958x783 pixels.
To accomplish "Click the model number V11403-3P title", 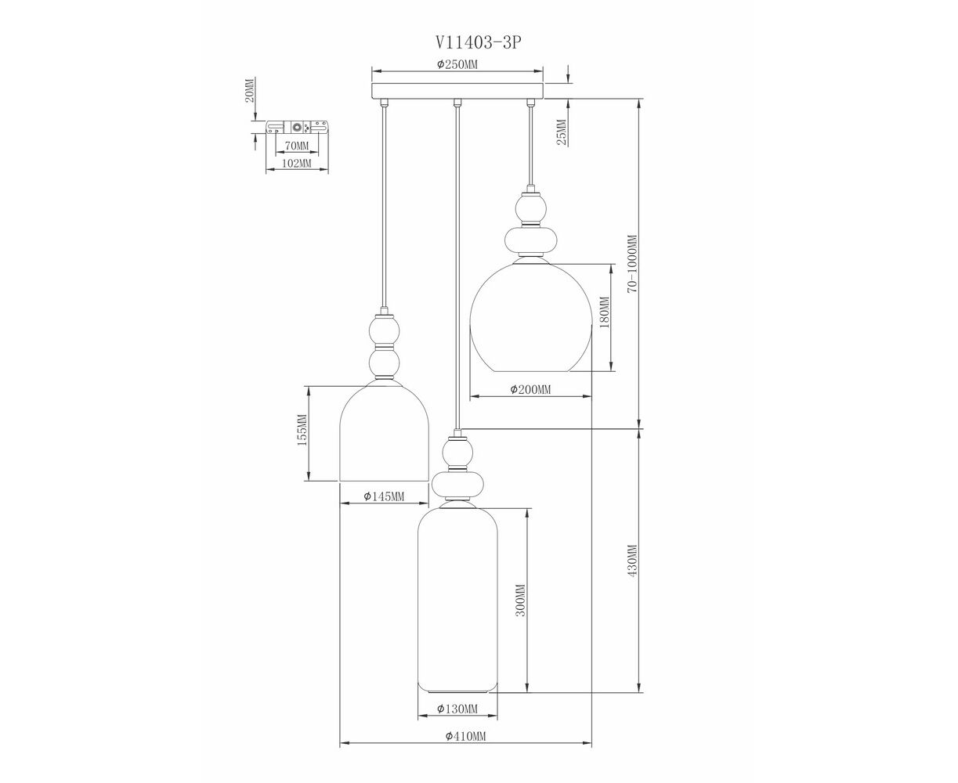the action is point(478,43).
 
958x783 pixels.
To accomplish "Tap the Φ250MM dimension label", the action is point(457,64).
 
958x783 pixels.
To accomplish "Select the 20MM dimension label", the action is point(250,90).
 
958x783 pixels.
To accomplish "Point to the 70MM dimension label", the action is point(297,146).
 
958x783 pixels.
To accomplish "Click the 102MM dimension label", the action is point(297,163).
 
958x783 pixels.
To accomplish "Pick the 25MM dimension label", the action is point(562,132).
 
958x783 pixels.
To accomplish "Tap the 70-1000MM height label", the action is point(633,264).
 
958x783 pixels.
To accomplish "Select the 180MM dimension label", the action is point(604,312).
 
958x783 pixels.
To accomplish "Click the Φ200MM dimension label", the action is point(530,389).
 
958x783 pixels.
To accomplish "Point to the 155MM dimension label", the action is point(302,430).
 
